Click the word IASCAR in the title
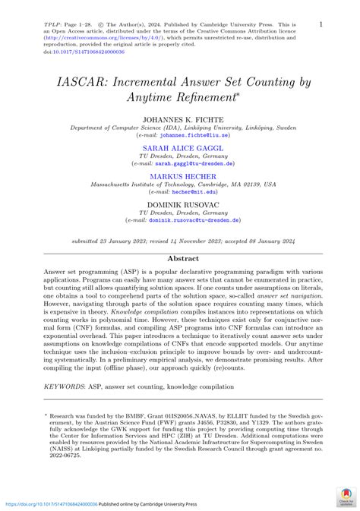(81, 79)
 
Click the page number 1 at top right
(320, 25)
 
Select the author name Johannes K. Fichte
(179, 120)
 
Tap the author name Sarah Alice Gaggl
(179, 148)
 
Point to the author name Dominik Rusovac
(179, 203)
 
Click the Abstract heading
(179, 258)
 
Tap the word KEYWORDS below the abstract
(64, 387)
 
